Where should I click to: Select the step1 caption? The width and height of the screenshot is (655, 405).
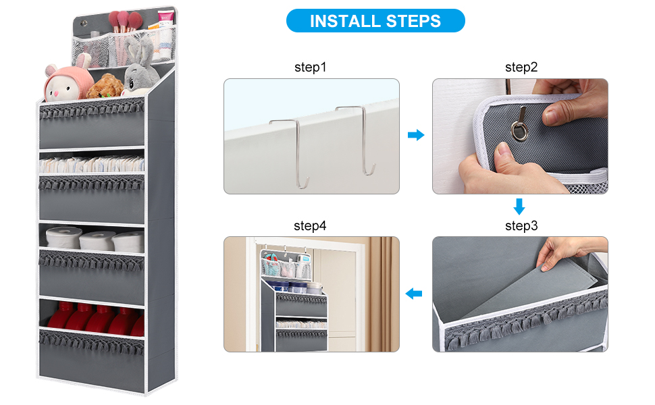310,67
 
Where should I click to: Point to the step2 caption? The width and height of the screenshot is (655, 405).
521,67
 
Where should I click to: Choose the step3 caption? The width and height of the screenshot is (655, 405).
521,225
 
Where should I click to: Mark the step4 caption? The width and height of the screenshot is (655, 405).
310,225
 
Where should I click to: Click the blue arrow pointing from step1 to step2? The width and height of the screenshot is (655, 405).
416,136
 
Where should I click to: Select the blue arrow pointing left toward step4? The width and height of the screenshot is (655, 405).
414,294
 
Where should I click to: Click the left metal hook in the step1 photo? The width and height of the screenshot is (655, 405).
290,152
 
